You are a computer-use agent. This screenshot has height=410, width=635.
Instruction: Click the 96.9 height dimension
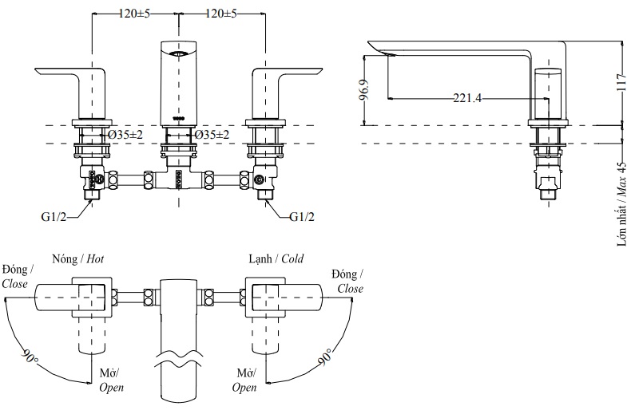point(365,90)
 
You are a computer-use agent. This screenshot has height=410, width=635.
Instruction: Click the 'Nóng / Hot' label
point(77,259)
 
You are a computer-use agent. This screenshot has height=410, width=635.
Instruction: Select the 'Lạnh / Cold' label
point(276,259)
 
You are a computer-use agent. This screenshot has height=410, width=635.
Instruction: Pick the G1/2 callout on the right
point(303,216)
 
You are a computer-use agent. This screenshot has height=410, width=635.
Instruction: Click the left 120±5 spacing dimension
point(135,14)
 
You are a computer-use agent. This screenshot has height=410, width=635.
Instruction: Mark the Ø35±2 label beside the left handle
point(125,135)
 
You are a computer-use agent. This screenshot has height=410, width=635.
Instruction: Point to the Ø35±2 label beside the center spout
point(212,135)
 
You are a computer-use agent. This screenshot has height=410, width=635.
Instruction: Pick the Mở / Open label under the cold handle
point(245,380)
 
